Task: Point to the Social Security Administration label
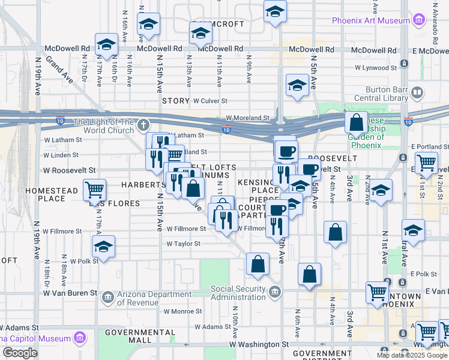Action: (x=238, y=293)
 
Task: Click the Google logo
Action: (x=20, y=353)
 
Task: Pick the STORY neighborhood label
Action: (x=175, y=101)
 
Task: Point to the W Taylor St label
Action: (x=183, y=244)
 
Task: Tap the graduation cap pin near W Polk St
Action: (x=103, y=247)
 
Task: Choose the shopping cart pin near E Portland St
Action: (x=426, y=161)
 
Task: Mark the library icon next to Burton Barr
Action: (x=417, y=94)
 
